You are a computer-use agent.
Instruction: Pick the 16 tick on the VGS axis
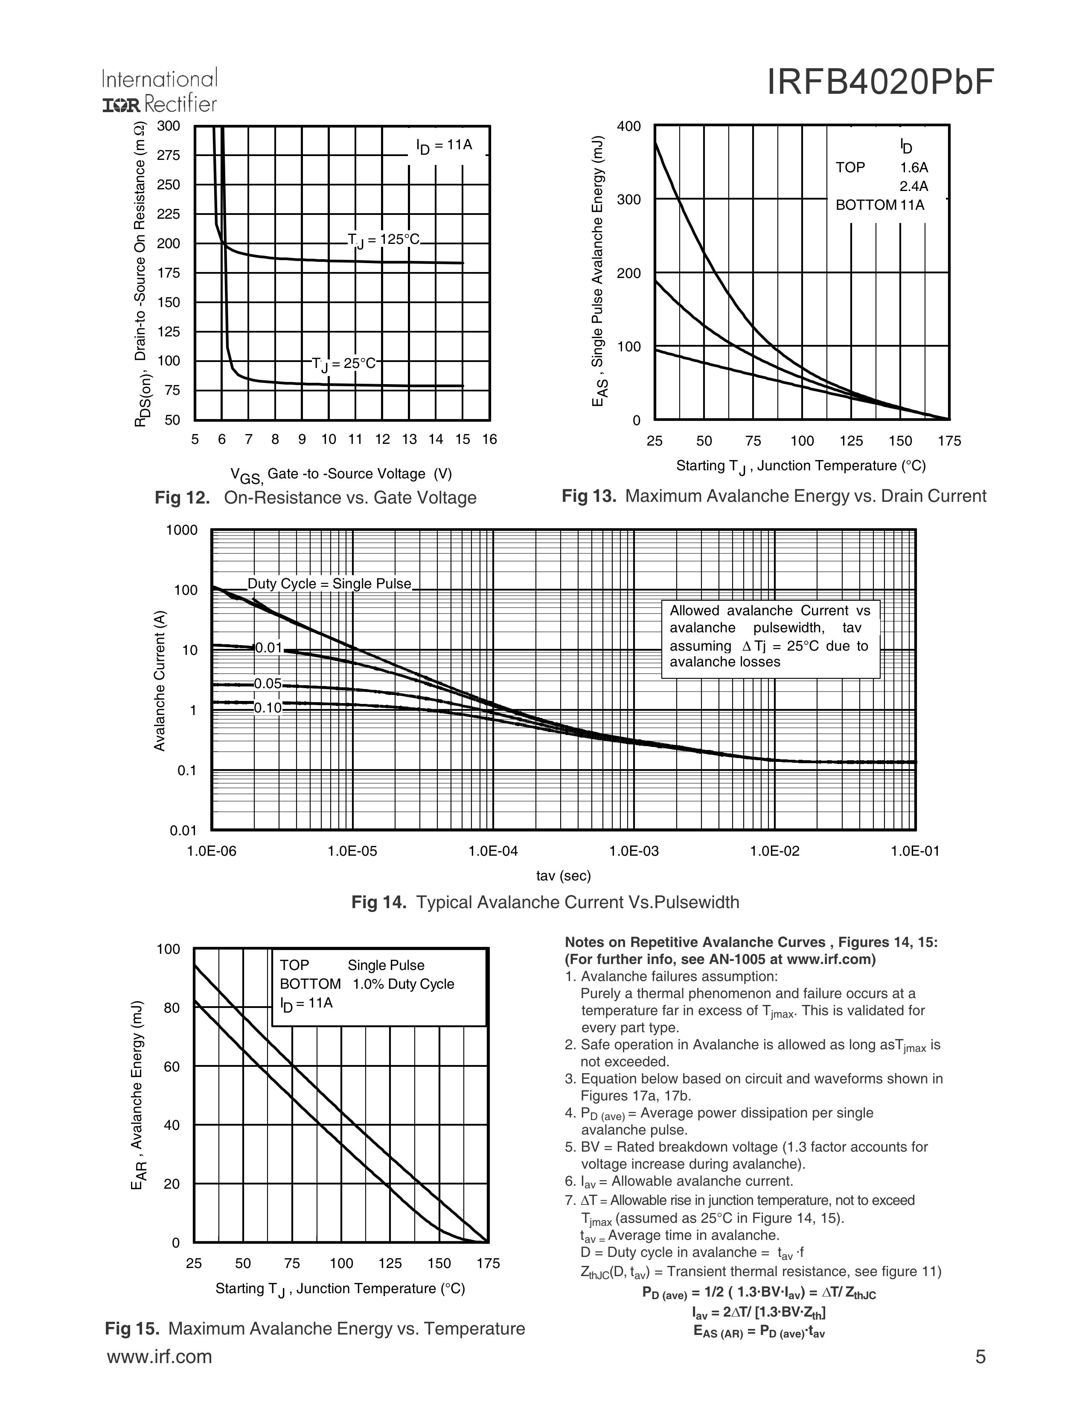coord(489,439)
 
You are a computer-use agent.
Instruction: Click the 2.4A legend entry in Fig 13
coord(913,187)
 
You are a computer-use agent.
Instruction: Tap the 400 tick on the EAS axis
coord(628,126)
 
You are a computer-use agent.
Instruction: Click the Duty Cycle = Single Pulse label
coord(329,584)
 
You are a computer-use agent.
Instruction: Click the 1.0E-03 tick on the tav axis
coord(634,851)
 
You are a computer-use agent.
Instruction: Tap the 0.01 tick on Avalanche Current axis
coord(183,831)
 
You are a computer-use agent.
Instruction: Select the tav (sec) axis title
coord(563,875)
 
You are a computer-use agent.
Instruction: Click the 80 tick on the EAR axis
coord(172,1007)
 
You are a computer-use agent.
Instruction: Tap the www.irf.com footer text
coord(159,1356)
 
